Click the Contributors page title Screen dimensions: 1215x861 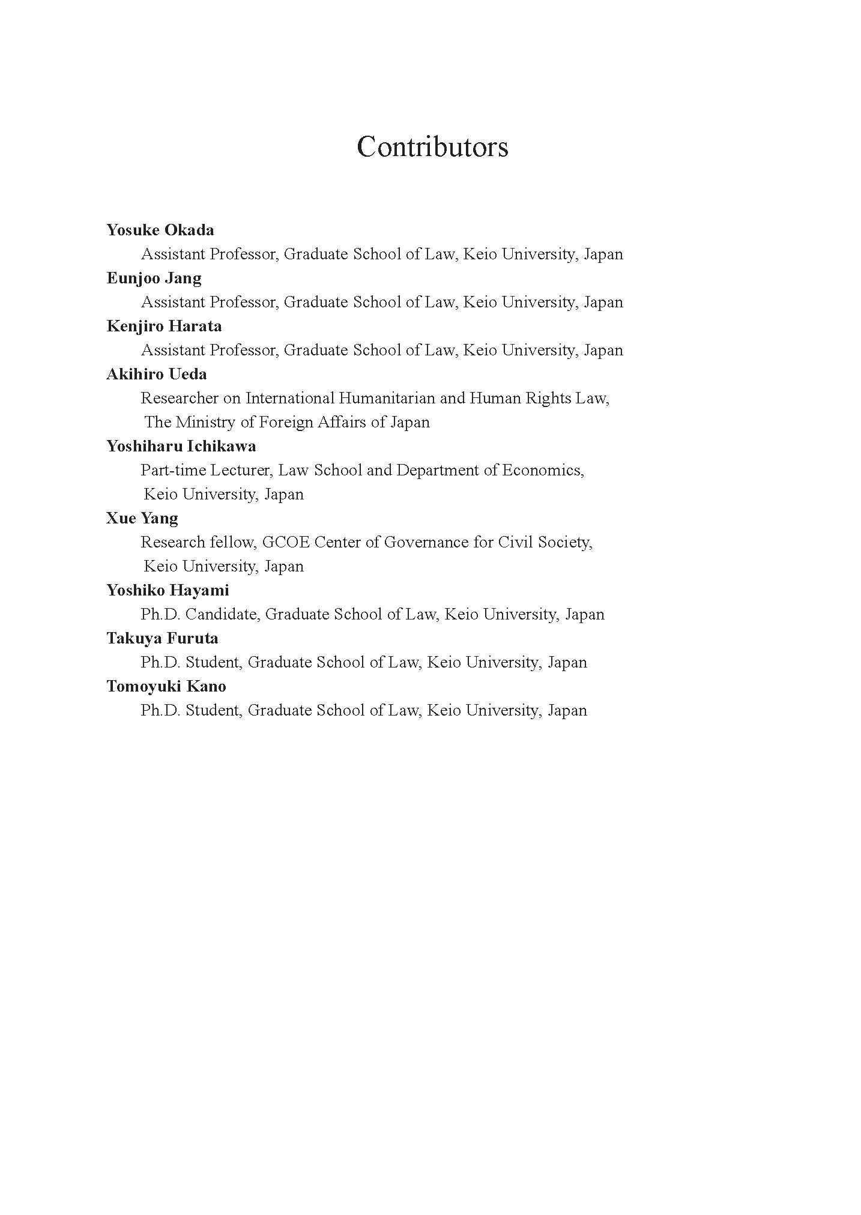(432, 146)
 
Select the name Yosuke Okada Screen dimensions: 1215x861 (160, 230)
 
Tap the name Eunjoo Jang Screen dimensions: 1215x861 (154, 278)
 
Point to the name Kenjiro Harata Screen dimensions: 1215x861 (164, 326)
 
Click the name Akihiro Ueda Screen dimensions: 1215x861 (157, 374)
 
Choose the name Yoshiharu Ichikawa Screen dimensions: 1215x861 (181, 446)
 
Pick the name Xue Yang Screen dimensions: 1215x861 (142, 518)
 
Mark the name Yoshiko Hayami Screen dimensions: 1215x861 (168, 590)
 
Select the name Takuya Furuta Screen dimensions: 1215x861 (162, 638)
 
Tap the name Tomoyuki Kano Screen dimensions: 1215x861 (166, 686)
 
